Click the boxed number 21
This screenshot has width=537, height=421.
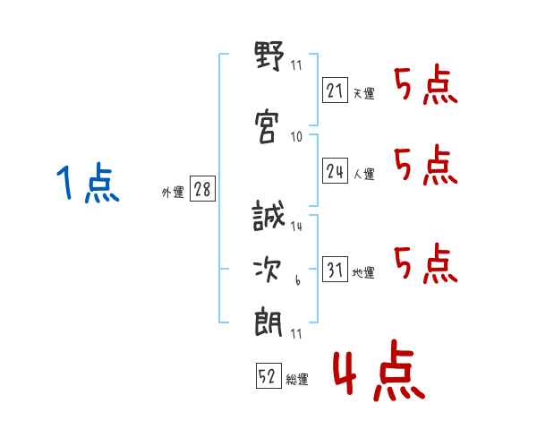click(335, 90)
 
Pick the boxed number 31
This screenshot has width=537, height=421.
click(335, 271)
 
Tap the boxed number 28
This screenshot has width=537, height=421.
click(202, 190)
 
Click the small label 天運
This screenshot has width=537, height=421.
click(364, 93)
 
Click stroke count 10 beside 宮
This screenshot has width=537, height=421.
click(296, 137)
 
